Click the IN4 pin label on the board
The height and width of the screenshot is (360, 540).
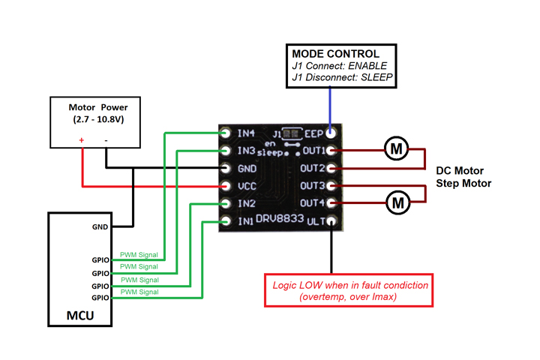click(x=247, y=133)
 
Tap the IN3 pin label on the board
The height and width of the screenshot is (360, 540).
click(x=247, y=151)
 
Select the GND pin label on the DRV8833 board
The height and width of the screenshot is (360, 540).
click(x=247, y=169)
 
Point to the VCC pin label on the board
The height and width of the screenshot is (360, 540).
click(x=247, y=186)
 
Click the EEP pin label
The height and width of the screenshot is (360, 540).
click(x=313, y=133)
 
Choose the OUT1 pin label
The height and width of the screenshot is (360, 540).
click(x=313, y=151)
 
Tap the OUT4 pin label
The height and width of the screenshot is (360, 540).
click(x=313, y=203)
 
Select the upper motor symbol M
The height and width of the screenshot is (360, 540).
click(x=397, y=149)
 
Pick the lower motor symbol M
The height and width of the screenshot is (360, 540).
click(x=397, y=202)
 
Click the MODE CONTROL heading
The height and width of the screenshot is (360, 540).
click(x=335, y=54)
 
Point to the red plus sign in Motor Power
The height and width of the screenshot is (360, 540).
click(x=82, y=140)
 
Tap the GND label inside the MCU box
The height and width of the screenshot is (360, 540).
click(x=100, y=226)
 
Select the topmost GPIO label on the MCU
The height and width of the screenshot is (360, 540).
click(x=100, y=261)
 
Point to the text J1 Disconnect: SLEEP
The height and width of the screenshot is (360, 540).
click(x=342, y=76)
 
